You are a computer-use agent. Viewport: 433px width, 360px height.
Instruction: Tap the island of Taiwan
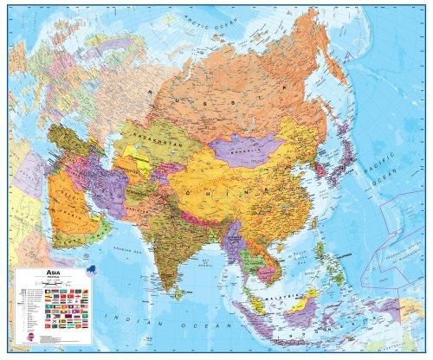(322, 224)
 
